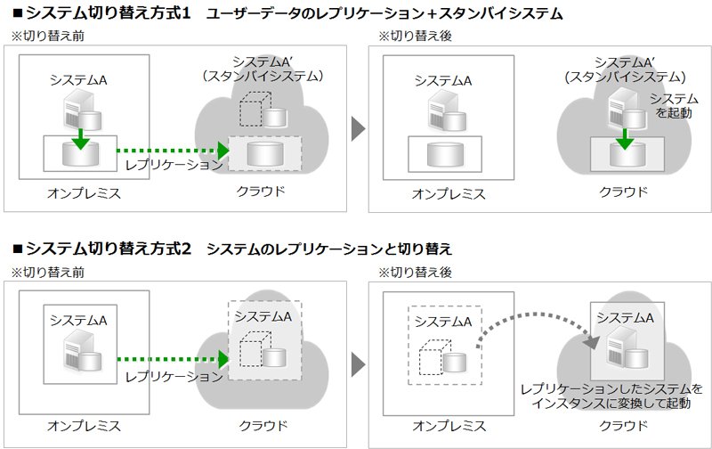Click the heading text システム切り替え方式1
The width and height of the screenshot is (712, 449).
(108, 12)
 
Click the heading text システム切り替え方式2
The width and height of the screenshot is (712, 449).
(108, 249)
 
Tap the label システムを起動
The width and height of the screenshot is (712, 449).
(674, 105)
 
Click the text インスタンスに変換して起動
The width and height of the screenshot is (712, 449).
(611, 403)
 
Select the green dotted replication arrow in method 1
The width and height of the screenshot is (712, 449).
(173, 151)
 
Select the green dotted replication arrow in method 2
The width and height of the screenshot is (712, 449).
(173, 359)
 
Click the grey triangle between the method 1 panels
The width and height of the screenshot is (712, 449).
(358, 128)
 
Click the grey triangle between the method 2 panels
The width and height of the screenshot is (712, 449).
(358, 364)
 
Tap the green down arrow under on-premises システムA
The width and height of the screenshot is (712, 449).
(80, 139)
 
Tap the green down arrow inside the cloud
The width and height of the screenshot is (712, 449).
(625, 139)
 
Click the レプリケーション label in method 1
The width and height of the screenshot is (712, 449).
(174, 165)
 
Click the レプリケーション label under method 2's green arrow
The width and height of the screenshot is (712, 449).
(174, 377)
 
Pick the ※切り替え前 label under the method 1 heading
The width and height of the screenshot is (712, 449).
(48, 36)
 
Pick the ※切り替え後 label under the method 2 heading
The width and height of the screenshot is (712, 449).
(415, 273)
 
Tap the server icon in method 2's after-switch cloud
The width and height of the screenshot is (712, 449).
(620, 347)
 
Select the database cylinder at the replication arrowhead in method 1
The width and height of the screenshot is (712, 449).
(265, 153)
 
